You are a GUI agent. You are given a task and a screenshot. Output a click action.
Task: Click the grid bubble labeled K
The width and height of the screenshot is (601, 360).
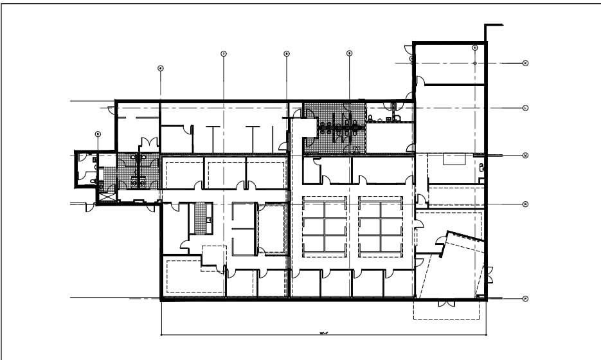coord(525,63)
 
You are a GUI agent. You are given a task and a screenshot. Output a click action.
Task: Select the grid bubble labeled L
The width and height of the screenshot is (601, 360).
coord(525,108)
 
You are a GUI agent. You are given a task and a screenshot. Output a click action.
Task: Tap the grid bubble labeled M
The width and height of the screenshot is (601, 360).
coord(525,156)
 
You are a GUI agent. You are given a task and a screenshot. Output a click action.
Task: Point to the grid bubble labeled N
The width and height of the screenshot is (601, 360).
coord(525,204)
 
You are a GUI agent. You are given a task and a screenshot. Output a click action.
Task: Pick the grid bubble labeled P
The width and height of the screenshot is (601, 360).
coord(525,299)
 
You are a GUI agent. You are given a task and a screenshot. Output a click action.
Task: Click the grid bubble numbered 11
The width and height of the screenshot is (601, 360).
coord(475,48)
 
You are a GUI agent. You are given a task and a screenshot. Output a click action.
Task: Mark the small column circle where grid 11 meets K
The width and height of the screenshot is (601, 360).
coord(475,63)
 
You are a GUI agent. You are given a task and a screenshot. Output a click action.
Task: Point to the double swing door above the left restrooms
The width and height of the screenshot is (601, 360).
coord(149,142)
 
